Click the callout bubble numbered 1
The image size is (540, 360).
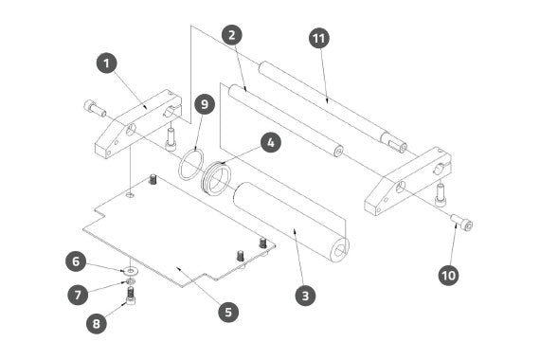click(x=107, y=63)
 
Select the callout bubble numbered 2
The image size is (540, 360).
click(x=232, y=35)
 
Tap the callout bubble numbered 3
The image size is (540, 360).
click(x=305, y=296)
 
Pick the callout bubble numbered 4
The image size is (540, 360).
click(x=271, y=142)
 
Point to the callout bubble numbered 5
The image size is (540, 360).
click(x=228, y=312)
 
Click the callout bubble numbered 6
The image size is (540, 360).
click(x=76, y=261)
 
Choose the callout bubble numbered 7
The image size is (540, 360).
click(x=78, y=295)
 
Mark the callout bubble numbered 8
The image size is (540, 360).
click(x=97, y=323)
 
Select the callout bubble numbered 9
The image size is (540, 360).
click(x=205, y=104)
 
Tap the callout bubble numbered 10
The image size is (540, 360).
click(x=449, y=276)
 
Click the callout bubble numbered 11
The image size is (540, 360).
click(x=319, y=38)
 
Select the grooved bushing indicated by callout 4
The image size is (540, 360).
click(x=215, y=178)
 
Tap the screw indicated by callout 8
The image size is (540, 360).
click(x=131, y=297)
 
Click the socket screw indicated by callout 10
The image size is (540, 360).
click(x=461, y=222)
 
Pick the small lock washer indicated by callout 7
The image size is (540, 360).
click(x=131, y=281)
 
